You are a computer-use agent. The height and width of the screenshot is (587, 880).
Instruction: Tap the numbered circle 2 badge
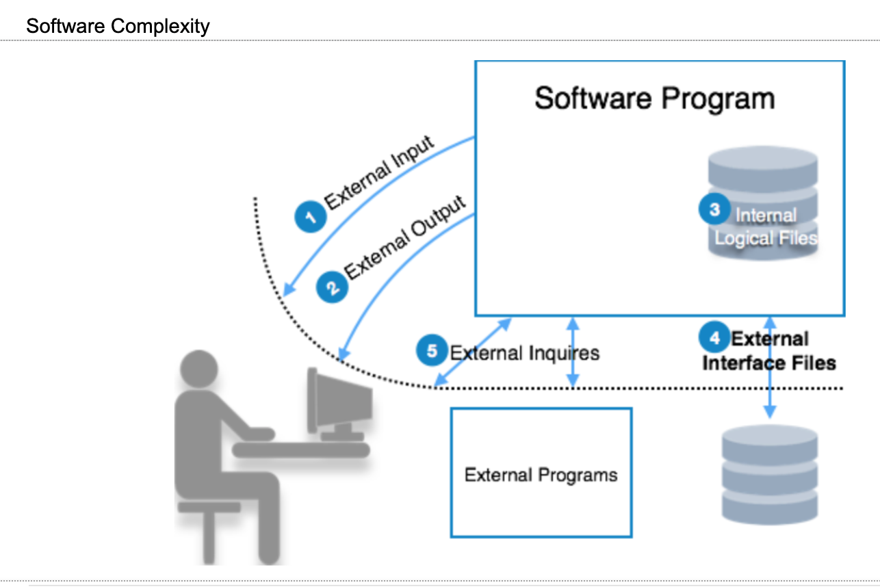pos(332,286)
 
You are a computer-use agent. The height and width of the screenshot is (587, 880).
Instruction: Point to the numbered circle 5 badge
pos(432,351)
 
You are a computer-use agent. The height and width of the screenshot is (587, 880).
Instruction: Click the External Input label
pos(380,173)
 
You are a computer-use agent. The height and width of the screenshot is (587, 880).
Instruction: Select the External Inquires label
pos(524,353)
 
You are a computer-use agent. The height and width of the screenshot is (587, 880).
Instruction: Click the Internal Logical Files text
pos(766,227)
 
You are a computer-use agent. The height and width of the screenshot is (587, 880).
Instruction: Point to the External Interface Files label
pos(769,351)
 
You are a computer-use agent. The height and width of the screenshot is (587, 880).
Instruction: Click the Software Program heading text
pos(654,99)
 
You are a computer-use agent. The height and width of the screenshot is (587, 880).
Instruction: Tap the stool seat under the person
pos(209,507)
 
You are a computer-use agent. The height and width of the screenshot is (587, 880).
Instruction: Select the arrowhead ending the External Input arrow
pos(288,290)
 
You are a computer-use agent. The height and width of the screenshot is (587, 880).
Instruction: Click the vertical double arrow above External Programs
pos(573,352)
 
